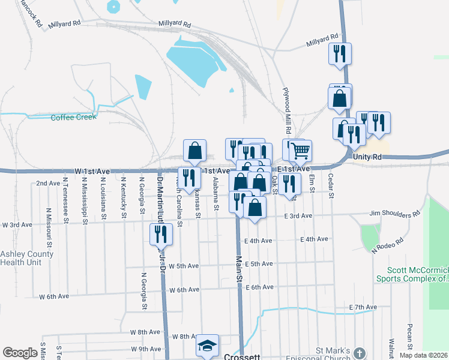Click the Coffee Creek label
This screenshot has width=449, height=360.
73,117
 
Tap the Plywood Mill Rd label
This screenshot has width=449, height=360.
287,111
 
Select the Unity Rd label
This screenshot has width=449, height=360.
367,157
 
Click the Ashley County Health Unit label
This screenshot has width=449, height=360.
26,258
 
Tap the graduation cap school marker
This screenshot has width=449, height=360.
207,346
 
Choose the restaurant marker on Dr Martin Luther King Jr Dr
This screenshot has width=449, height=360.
160,233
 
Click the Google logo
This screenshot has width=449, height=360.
20,353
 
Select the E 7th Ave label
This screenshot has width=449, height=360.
363,307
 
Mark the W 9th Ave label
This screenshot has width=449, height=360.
146,349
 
